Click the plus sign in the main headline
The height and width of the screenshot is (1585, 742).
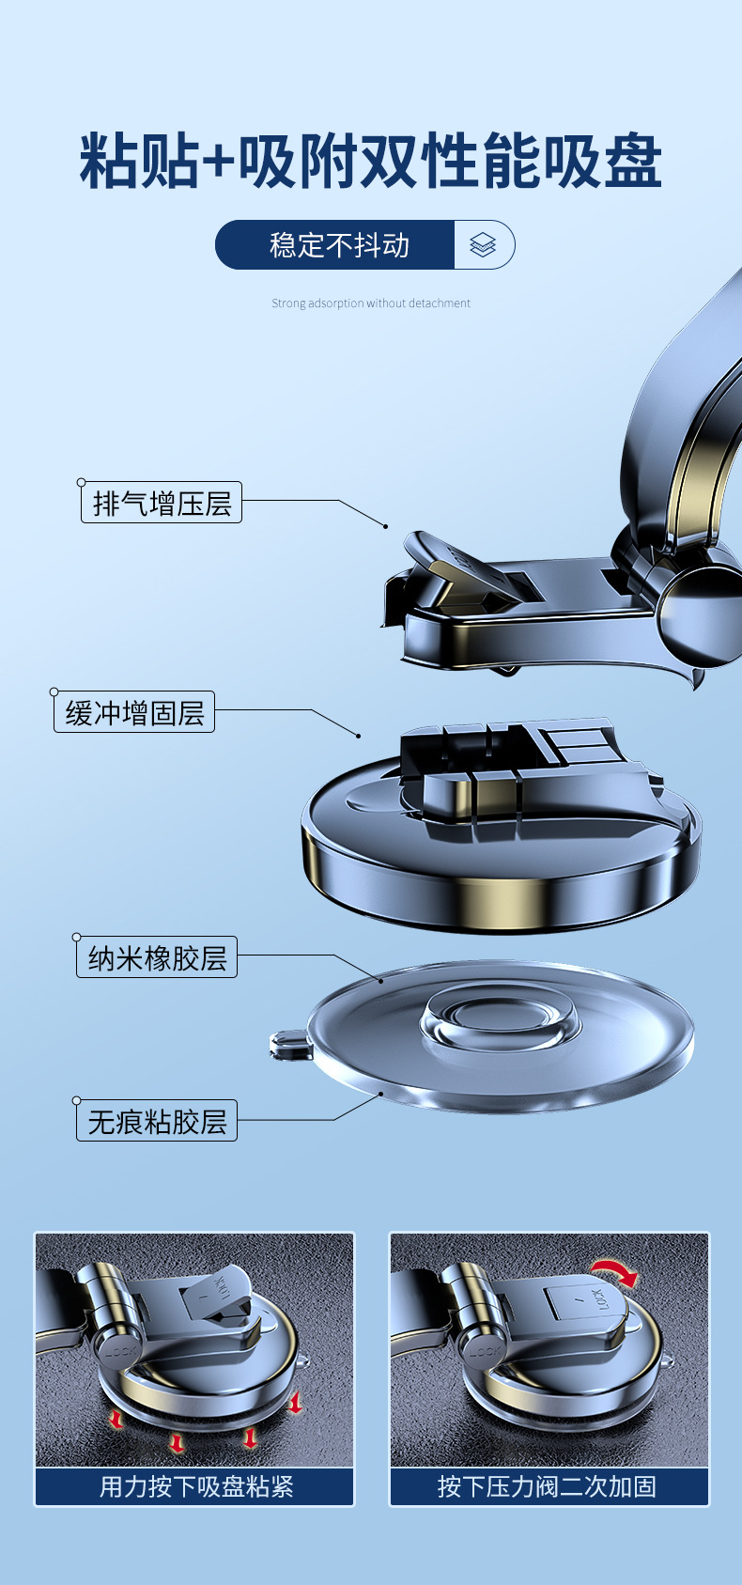pos(218,163)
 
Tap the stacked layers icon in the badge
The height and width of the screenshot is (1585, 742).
pos(483,245)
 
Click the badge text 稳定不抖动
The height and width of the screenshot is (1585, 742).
pos(339,245)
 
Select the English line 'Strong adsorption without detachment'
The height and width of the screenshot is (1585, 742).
pos(371,303)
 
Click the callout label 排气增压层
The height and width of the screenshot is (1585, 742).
pos(162,503)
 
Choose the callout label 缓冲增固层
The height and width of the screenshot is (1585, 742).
pos(134,712)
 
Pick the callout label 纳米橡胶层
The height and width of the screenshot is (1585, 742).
pos(157,957)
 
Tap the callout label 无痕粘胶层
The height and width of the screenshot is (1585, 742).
pos(157,1121)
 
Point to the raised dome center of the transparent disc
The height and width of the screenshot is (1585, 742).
pos(498,1018)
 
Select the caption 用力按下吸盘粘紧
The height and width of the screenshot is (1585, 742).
pos(195,1486)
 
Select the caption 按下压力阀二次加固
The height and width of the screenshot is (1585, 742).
pos(549,1486)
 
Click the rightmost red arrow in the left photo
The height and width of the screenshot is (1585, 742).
pos(295,1403)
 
